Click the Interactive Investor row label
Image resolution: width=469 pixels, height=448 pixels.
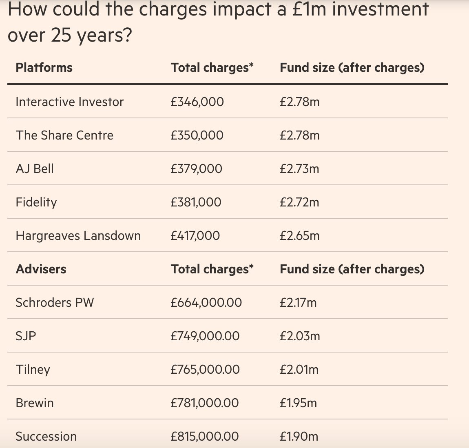point(69,102)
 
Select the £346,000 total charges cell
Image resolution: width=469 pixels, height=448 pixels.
point(197,102)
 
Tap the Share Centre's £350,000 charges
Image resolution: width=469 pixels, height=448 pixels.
point(197,135)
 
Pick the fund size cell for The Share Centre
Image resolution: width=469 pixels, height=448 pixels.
point(299,135)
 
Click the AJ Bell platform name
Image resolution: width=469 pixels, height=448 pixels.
point(35,169)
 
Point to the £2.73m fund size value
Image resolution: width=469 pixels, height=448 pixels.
point(299,169)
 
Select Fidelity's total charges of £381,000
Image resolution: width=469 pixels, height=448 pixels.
point(196,202)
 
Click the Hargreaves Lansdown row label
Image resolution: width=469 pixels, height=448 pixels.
point(78,236)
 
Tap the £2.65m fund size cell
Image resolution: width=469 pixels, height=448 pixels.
point(299,236)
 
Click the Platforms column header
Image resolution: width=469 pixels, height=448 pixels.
point(44,68)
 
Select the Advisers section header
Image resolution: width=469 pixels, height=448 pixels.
point(41,269)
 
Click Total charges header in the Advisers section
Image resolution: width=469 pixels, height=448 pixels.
point(212,269)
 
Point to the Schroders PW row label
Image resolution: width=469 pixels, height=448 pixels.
point(55,303)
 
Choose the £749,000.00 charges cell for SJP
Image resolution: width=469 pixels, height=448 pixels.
point(205,336)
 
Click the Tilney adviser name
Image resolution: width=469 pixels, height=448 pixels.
point(33,370)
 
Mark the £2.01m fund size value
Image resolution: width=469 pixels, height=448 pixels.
point(299,370)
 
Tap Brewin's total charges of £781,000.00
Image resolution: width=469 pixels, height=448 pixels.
point(205,403)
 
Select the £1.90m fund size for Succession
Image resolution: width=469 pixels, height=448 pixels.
point(299,437)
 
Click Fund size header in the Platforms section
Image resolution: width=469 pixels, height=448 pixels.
point(352,68)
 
